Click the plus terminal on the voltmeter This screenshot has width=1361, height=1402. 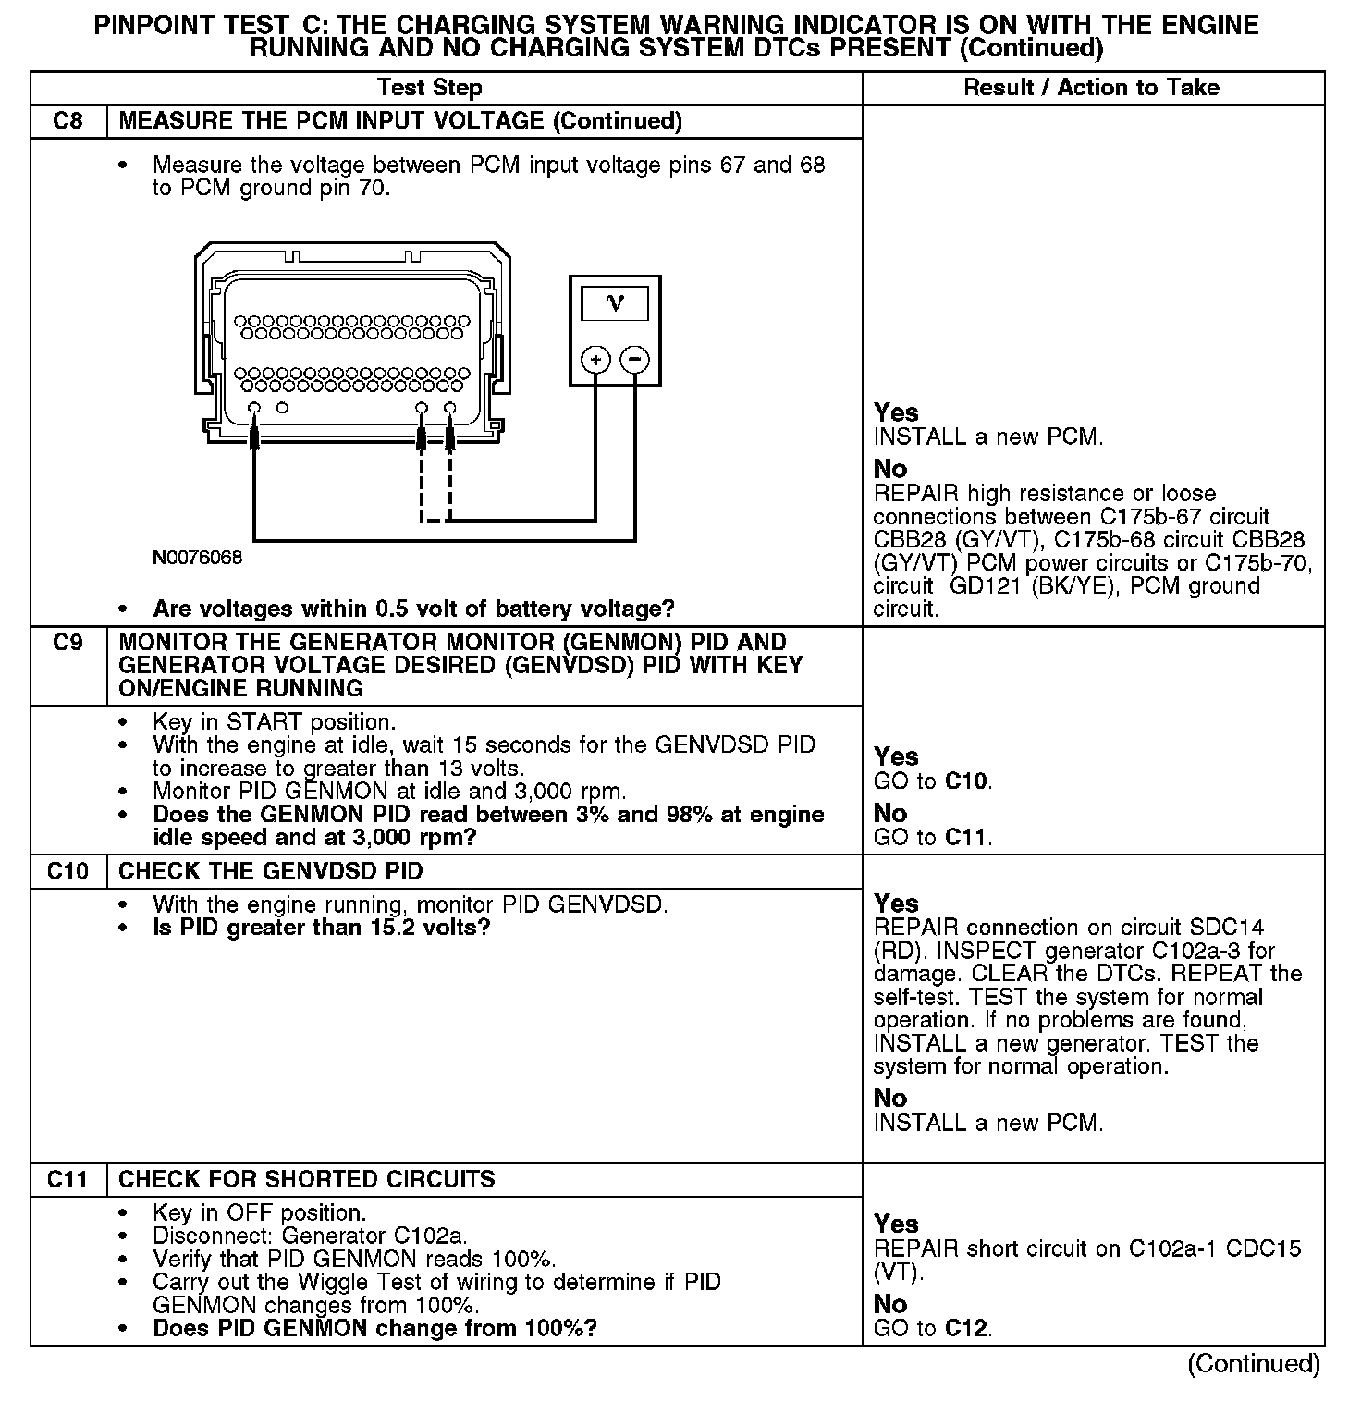click(x=596, y=360)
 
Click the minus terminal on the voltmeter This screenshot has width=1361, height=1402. click(x=635, y=360)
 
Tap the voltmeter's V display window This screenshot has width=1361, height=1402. click(x=615, y=303)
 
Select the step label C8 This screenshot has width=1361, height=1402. click(x=68, y=121)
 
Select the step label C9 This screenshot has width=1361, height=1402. click(x=68, y=643)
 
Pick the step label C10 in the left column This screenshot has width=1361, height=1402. click(x=68, y=871)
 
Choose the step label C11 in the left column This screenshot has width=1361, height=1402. click(x=68, y=1179)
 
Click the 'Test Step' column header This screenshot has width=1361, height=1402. click(x=430, y=88)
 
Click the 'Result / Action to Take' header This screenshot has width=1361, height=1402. click(x=1091, y=88)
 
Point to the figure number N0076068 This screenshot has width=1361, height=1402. click(x=198, y=559)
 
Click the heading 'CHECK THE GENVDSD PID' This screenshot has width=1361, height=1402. click(x=271, y=871)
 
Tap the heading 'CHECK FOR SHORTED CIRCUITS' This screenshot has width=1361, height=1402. click(x=307, y=1179)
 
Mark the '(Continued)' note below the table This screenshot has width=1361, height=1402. click(x=1254, y=1363)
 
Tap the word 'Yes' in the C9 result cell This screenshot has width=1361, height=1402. click(x=896, y=756)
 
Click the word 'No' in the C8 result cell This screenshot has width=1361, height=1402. click(x=890, y=469)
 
